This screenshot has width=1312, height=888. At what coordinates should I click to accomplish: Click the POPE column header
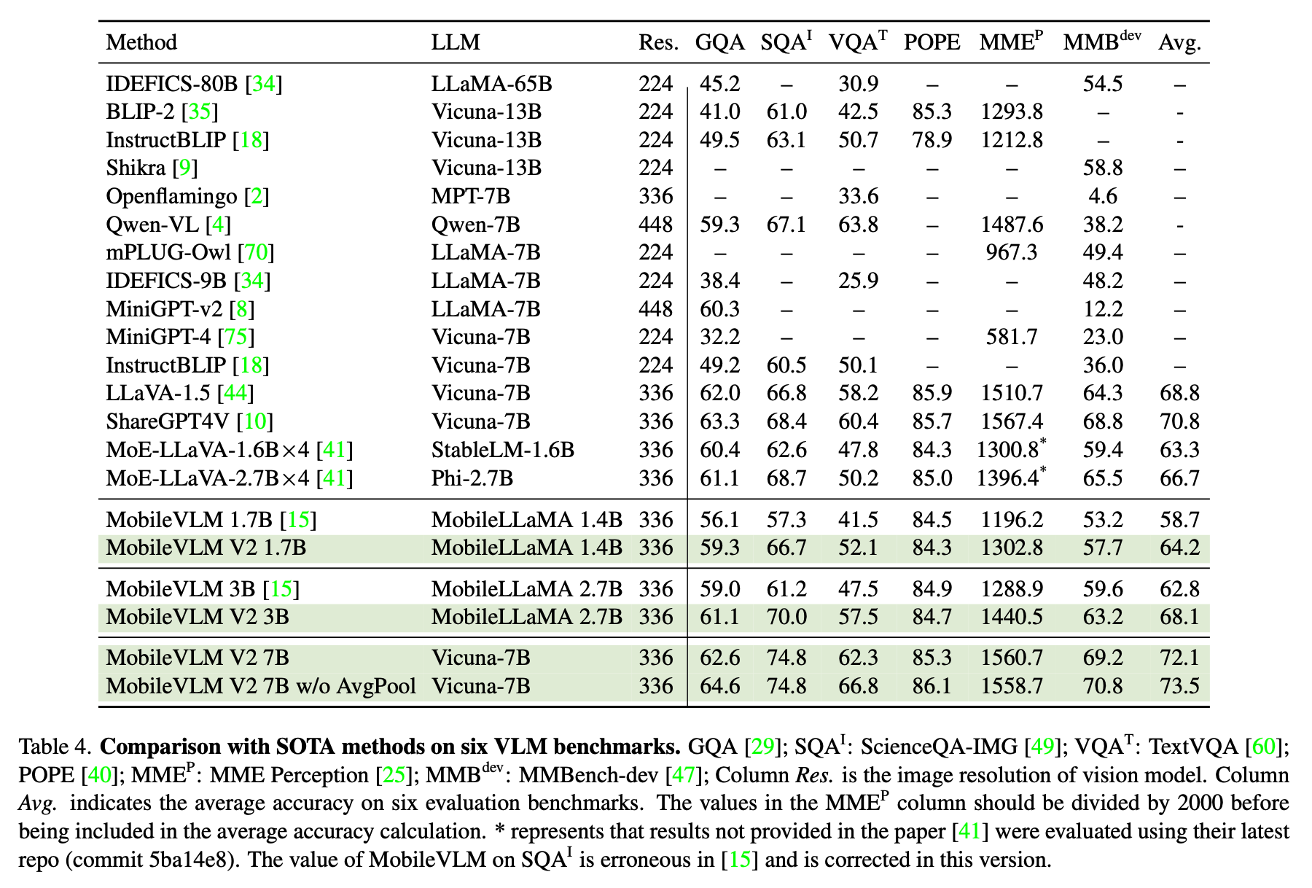(x=932, y=42)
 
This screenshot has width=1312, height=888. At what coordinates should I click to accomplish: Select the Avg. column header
(x=1179, y=42)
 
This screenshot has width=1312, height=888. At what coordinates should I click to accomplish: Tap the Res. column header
(x=658, y=42)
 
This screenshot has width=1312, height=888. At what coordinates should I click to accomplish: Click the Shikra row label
(x=136, y=168)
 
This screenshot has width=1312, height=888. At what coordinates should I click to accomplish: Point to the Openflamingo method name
(x=171, y=196)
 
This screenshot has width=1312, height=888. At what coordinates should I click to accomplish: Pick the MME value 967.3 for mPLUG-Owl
(x=1011, y=252)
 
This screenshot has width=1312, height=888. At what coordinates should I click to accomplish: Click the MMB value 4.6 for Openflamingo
(x=1103, y=196)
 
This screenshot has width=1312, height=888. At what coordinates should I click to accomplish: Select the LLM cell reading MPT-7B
(x=470, y=196)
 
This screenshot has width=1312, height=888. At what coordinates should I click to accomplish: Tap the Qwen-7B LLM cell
(x=475, y=225)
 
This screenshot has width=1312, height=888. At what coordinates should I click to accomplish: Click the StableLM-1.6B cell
(x=502, y=450)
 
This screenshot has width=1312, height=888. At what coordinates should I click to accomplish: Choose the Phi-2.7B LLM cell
(x=472, y=478)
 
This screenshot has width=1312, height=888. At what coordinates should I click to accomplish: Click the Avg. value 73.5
(x=1179, y=686)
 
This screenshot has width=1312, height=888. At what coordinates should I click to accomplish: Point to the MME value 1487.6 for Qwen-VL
(x=1011, y=225)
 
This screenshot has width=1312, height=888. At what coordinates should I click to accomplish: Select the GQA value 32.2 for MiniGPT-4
(x=719, y=337)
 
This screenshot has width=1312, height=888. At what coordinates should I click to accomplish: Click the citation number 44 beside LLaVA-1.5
(x=236, y=394)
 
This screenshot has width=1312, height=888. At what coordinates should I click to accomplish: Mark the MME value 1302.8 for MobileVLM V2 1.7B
(x=1011, y=548)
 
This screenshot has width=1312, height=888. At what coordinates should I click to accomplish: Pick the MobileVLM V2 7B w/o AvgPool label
(x=261, y=686)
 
